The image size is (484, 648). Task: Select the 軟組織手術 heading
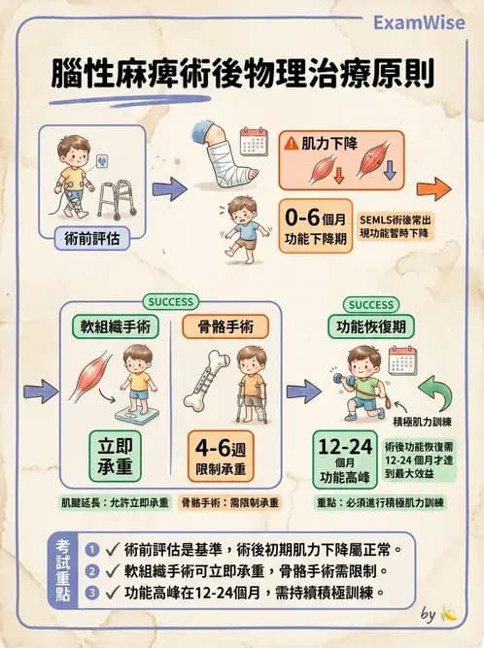coord(121,327)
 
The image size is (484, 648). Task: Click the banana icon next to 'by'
coord(448,615)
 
